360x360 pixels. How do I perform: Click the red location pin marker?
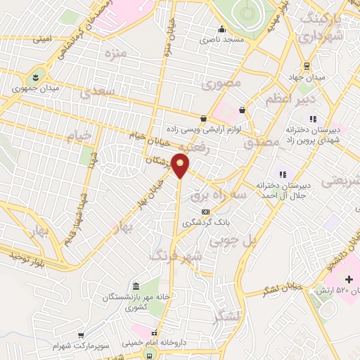coord(181,166)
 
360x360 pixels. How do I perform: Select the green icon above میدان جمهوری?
coord(35,75)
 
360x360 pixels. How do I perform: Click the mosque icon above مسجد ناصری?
coord(221,30)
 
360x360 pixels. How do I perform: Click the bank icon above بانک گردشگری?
coord(205,211)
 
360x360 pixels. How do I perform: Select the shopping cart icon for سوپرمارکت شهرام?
coord(82,335)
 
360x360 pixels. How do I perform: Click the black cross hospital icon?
coord(348,280)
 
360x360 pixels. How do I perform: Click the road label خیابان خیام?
coord(146,135)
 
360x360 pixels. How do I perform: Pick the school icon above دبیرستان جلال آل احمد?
coord(283,174)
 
